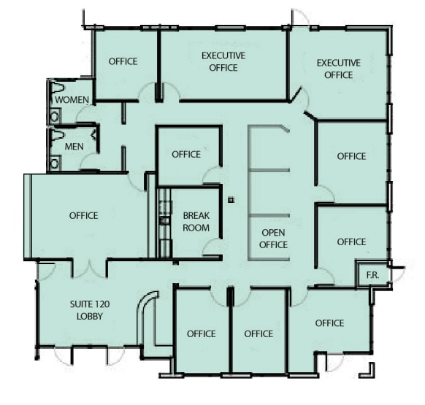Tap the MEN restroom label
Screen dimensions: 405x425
coord(74,147)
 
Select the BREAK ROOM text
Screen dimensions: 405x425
coord(196,222)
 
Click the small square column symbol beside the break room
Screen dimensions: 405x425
coord(231,199)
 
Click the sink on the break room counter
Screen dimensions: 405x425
coord(165,219)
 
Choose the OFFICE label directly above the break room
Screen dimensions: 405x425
coord(186,154)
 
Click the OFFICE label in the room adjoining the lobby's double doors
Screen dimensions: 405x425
coord(83,215)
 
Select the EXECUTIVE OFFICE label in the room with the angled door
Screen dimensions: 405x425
coord(338,69)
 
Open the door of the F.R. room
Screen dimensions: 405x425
coord(395,274)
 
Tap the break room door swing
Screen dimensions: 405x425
coord(212,249)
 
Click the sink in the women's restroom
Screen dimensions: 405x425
coord(54,115)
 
